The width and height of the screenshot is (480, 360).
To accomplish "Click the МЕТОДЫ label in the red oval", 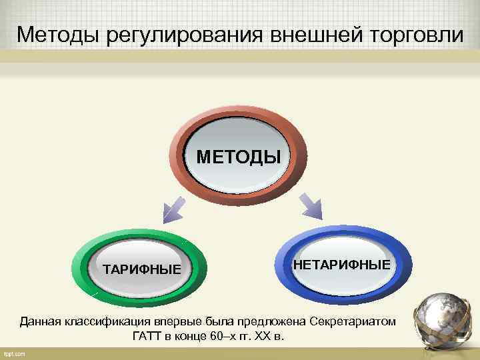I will [239, 158].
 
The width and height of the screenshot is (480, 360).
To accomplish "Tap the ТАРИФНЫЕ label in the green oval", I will [142, 270].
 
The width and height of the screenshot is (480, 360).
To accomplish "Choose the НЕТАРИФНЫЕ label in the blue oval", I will [341, 266].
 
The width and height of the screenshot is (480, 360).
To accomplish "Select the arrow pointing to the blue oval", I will [309, 205].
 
